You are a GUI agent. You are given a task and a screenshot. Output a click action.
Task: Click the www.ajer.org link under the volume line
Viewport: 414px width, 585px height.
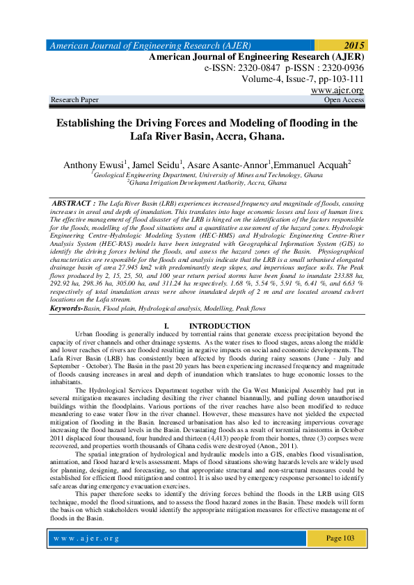pos(337,90)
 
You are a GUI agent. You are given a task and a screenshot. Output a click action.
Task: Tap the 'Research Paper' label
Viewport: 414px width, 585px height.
pos(74,100)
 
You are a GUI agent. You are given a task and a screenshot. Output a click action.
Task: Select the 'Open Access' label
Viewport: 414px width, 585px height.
pos(344,100)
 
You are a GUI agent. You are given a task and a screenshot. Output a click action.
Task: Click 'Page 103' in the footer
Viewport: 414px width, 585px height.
pos(340,558)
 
